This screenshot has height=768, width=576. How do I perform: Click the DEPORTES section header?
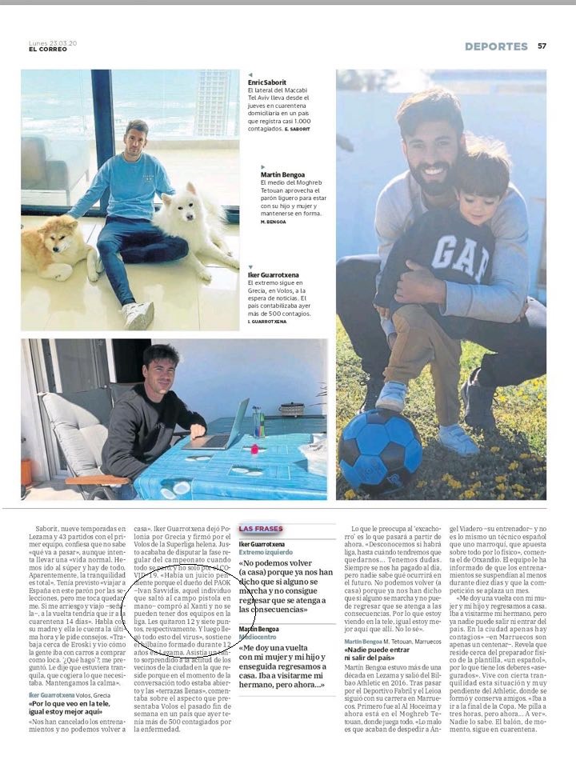[496, 46]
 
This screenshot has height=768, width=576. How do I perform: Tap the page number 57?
[542, 46]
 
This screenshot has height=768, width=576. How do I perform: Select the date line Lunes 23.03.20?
[51, 42]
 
